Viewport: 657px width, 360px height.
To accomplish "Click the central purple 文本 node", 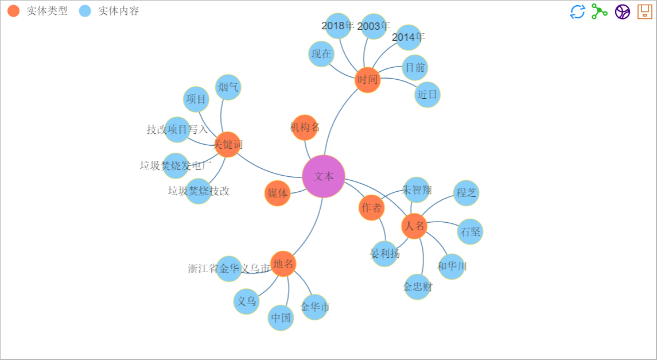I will coord(324,176).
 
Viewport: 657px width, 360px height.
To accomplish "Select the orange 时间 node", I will coord(368,79).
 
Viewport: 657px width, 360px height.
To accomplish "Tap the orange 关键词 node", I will coord(228,144).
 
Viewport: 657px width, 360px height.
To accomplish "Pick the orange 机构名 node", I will coord(305,127).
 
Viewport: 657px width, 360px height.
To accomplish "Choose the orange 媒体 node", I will coord(278,193).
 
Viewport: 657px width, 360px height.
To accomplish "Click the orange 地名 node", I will coord(283,264).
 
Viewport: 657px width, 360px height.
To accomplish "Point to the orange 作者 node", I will coord(372,208).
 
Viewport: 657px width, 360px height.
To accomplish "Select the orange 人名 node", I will coord(414,226).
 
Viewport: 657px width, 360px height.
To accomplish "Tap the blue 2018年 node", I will coord(338,26).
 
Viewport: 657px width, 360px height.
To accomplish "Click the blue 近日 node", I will coord(427,95).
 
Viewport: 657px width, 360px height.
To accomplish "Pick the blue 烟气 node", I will coord(228,87).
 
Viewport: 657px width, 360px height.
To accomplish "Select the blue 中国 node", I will coord(281,318).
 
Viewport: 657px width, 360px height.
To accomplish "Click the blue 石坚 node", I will coord(470,231).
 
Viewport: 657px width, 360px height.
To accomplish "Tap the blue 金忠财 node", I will coord(418,287).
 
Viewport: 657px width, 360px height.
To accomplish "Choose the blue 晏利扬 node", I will coord(384,253).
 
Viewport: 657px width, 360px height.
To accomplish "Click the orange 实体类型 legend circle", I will coord(13,11).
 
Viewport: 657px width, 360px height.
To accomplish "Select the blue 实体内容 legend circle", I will coord(85,11).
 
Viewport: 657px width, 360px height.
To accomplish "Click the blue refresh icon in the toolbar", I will coord(577,11).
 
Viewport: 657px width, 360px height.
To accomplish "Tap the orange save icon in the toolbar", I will coord(645,11).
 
